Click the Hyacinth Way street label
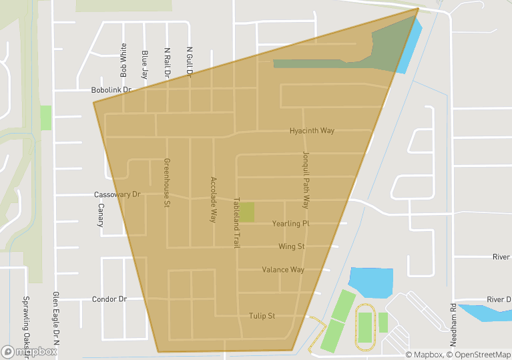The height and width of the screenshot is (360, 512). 312,131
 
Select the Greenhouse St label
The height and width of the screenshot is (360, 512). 167,183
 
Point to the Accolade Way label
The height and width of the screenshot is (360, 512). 214,199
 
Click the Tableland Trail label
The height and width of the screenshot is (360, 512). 236,223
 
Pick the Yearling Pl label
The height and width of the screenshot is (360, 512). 290,224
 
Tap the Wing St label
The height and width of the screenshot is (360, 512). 291,246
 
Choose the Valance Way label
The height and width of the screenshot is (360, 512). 283,270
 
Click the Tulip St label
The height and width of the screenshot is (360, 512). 262,316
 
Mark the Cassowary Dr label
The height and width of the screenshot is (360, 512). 117,195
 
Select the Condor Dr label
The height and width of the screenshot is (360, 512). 109,299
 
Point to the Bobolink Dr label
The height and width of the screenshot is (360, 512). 111,89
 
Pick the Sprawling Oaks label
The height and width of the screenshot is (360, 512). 27,327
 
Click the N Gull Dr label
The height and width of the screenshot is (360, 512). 190,62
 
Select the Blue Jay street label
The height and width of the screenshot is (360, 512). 145,63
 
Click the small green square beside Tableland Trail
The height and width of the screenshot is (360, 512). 246,212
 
